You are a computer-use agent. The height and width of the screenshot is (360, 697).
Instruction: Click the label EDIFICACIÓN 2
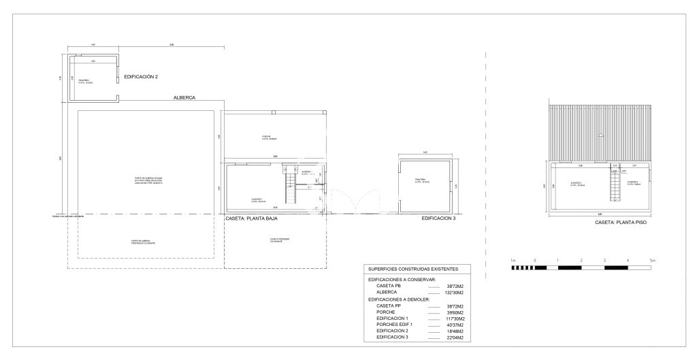click(141, 77)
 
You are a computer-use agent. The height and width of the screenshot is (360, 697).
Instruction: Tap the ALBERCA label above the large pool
click(184, 97)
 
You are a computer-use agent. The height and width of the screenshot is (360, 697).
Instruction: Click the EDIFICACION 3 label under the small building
click(438, 218)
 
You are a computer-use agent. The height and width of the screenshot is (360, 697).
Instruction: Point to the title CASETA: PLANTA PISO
click(620, 222)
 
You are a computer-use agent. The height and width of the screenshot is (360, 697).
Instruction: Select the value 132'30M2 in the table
click(454, 293)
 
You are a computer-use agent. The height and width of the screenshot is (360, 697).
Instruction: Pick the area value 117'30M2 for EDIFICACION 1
click(454, 319)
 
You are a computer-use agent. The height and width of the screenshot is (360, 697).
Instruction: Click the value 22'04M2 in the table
click(454, 338)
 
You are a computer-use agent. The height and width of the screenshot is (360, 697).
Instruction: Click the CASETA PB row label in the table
click(389, 286)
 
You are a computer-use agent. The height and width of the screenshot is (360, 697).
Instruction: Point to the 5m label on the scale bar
click(651, 261)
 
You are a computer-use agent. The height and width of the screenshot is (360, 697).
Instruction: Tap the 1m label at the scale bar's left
click(513, 261)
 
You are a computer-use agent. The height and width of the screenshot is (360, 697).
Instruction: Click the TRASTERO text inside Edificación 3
click(424, 181)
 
